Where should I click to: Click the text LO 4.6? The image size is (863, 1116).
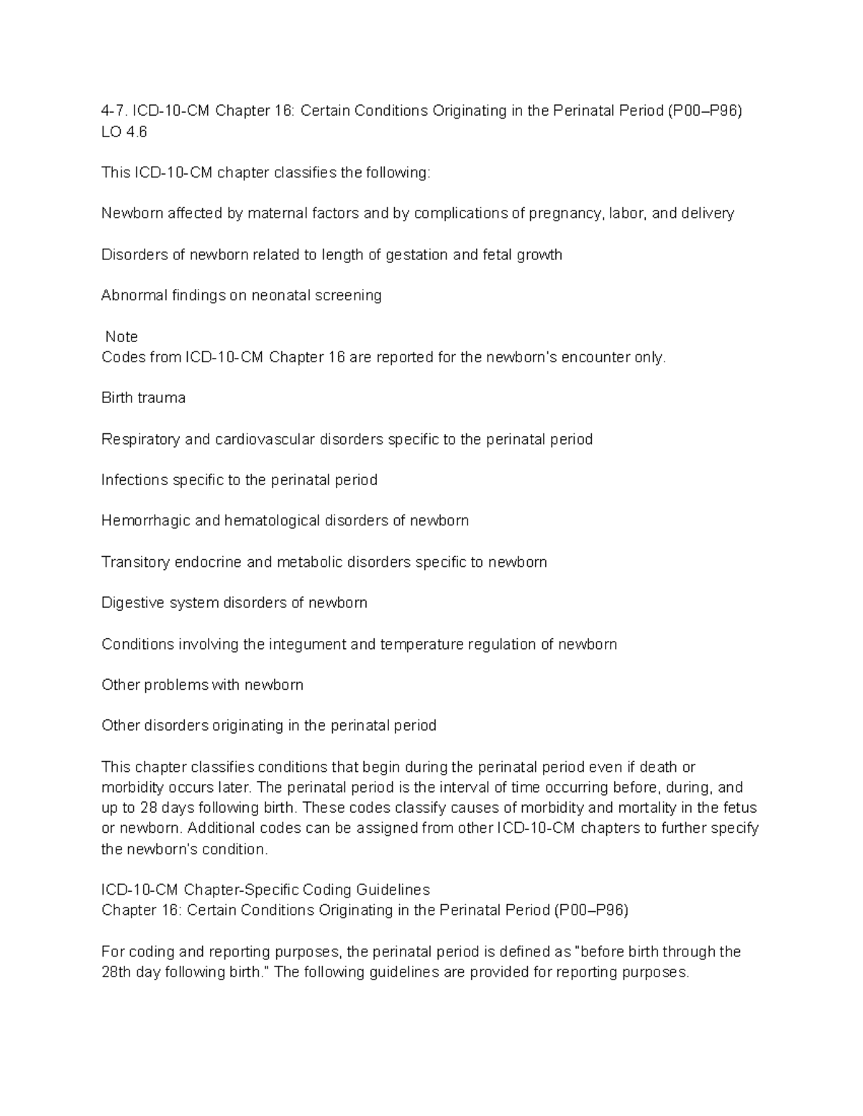124,132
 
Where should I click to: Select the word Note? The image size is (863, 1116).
122,336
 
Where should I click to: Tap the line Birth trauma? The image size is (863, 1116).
143,398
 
